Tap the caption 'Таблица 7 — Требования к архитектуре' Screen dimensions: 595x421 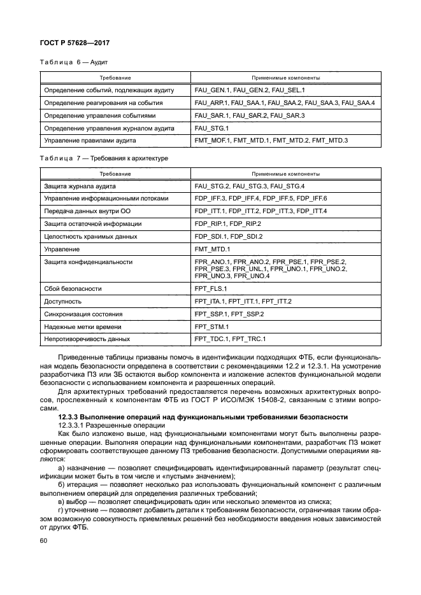pos(104,157)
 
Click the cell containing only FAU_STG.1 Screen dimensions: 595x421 pos(212,127)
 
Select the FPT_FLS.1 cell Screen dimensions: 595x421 pos(211,288)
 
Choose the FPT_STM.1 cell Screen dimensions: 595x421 pos(211,326)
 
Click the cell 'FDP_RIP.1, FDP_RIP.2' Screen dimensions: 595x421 pos(228,223)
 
